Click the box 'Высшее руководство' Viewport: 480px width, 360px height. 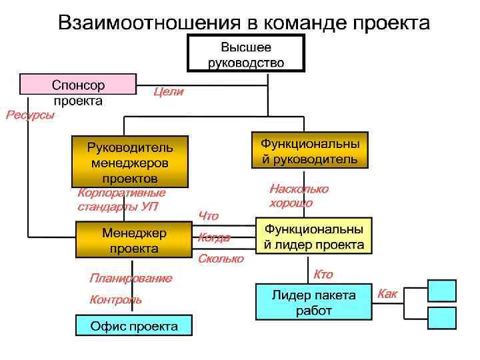[x=246, y=55]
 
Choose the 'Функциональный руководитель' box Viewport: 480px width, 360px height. [x=309, y=151]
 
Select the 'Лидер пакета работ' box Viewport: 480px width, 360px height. [x=313, y=302]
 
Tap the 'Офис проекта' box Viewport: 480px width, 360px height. [x=133, y=327]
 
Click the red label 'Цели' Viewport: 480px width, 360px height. [x=168, y=93]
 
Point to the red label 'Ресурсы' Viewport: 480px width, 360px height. [x=31, y=115]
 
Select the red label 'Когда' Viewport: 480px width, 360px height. [x=214, y=238]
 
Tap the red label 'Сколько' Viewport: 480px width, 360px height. [x=221, y=259]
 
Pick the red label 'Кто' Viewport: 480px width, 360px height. [x=323, y=275]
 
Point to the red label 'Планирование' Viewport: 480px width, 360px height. [x=130, y=278]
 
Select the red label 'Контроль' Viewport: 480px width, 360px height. [x=115, y=300]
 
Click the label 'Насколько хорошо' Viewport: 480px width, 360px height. [x=298, y=196]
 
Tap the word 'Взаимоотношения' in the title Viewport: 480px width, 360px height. [x=148, y=23]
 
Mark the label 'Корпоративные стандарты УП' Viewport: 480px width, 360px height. [x=121, y=199]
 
